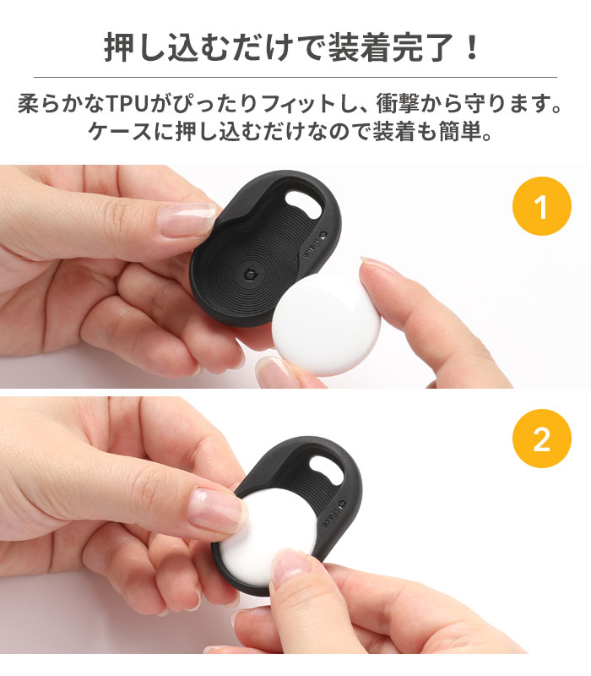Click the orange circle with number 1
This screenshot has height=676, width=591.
tap(541, 208)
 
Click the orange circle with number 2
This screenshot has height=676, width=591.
tap(541, 439)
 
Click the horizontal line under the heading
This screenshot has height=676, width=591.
tap(295, 78)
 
